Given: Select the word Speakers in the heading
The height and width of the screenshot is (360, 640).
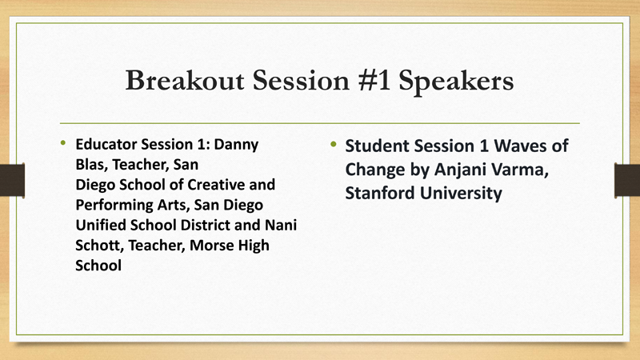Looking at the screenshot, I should (454, 82).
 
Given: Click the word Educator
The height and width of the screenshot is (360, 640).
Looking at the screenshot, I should (104, 146).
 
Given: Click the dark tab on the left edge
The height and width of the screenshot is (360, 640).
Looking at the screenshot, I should (12, 179).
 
